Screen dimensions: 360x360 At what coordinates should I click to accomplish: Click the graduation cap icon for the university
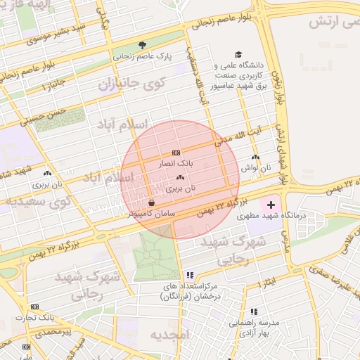[x=238, y=54]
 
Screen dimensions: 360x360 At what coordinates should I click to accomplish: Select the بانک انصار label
[x=175, y=162]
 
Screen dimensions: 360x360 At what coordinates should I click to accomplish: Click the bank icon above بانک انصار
[x=175, y=153]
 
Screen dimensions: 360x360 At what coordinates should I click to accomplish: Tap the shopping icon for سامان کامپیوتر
[x=152, y=203]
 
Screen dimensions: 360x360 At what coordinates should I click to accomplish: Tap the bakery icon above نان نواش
[x=255, y=157]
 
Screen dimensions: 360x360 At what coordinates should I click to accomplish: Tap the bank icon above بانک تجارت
[x=34, y=307]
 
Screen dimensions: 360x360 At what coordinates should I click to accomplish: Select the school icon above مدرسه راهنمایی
[x=253, y=311]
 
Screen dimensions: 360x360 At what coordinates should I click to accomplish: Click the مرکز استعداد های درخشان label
[x=188, y=292]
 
